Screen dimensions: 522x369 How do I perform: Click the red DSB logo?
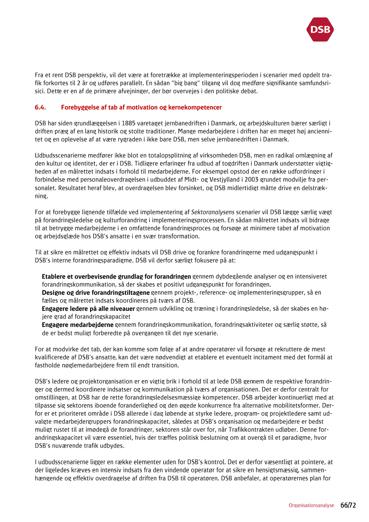coord(320,29)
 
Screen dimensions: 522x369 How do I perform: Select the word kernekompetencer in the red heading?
coord(197,108)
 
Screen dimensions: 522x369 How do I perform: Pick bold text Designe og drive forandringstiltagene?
coord(95,292)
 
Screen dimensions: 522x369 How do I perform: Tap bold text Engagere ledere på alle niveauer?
coord(88,309)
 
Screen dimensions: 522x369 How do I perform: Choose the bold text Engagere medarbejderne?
coord(78,324)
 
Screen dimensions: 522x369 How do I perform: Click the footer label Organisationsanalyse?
coord(311,505)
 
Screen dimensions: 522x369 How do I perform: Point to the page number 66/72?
coord(348,505)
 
